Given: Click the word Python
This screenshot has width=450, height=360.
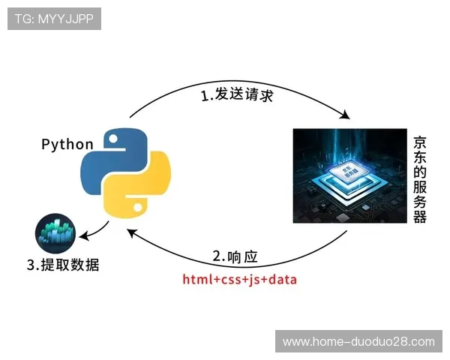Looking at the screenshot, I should pos(67,145).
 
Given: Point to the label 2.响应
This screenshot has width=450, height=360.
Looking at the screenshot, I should pos(235,256).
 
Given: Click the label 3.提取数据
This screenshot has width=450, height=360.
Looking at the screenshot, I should pos(63,265).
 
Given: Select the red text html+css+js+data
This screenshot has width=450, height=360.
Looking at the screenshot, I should pos(240,280).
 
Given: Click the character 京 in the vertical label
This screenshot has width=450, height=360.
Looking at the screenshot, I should pos(421,142).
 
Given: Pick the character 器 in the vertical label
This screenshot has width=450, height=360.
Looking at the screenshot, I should pos(421,217).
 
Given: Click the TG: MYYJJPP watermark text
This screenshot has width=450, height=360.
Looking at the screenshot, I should pos(54,19).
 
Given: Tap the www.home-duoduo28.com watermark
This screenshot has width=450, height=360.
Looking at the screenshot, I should pos(358,341).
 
